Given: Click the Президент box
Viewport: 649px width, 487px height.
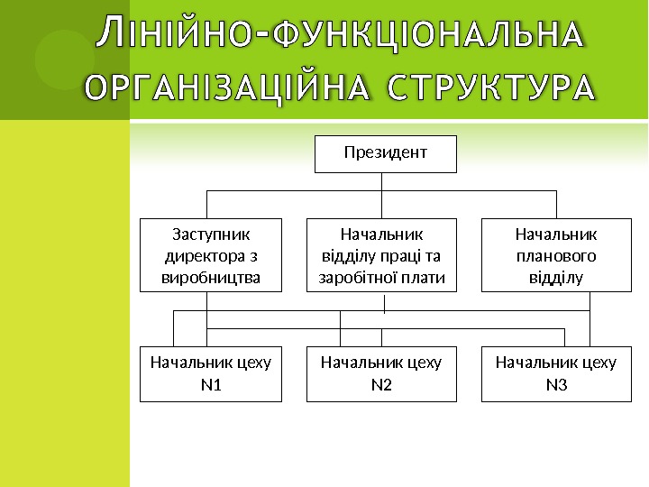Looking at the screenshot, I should [x=385, y=153].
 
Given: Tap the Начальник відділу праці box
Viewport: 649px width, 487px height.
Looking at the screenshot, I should [x=381, y=255].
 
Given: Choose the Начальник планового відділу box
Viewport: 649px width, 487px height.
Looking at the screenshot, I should [x=556, y=255].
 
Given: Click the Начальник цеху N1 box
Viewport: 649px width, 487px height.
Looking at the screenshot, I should [x=210, y=373].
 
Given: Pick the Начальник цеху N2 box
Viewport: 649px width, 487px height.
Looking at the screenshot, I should [x=381, y=373].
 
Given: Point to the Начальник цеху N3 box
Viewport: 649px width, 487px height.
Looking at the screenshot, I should [x=556, y=373].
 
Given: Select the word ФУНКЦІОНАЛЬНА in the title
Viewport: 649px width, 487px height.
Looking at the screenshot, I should [x=426, y=37].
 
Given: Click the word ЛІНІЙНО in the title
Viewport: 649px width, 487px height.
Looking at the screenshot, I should [x=177, y=35].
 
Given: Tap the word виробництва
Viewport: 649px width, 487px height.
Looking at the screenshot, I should [x=210, y=276].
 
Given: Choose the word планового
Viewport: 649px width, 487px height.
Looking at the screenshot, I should [x=556, y=255].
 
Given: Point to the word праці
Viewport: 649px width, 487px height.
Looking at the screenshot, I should [x=412, y=255].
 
